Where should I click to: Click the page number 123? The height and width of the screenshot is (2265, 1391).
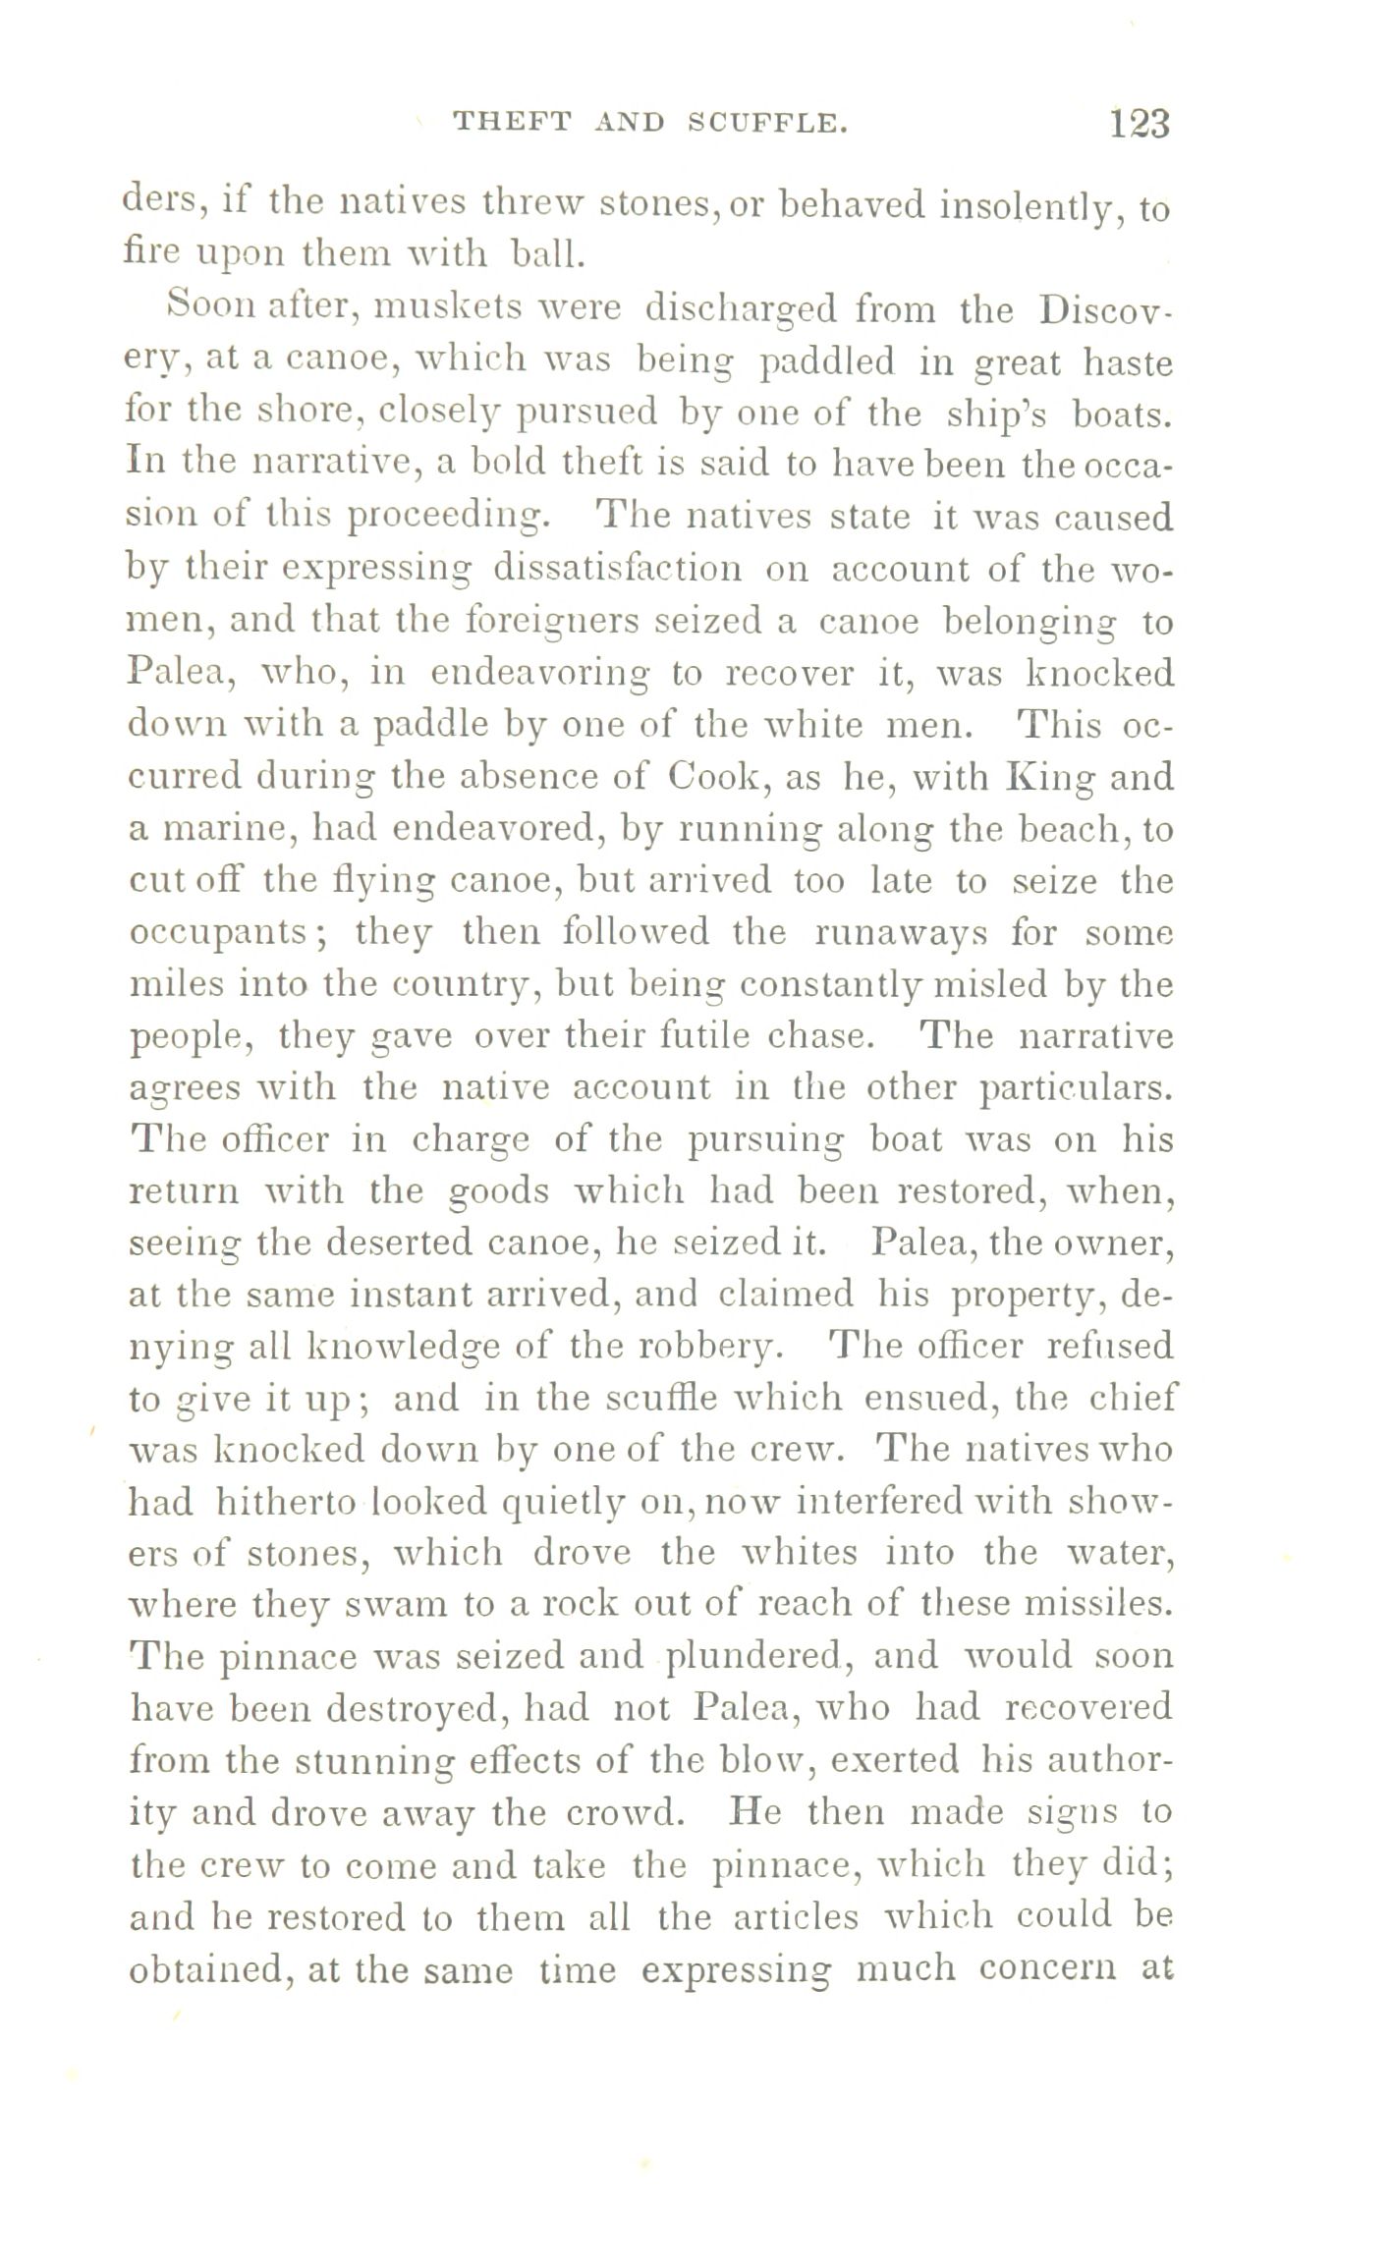[1140, 124]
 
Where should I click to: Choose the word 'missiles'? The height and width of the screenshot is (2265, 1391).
[1101, 1604]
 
